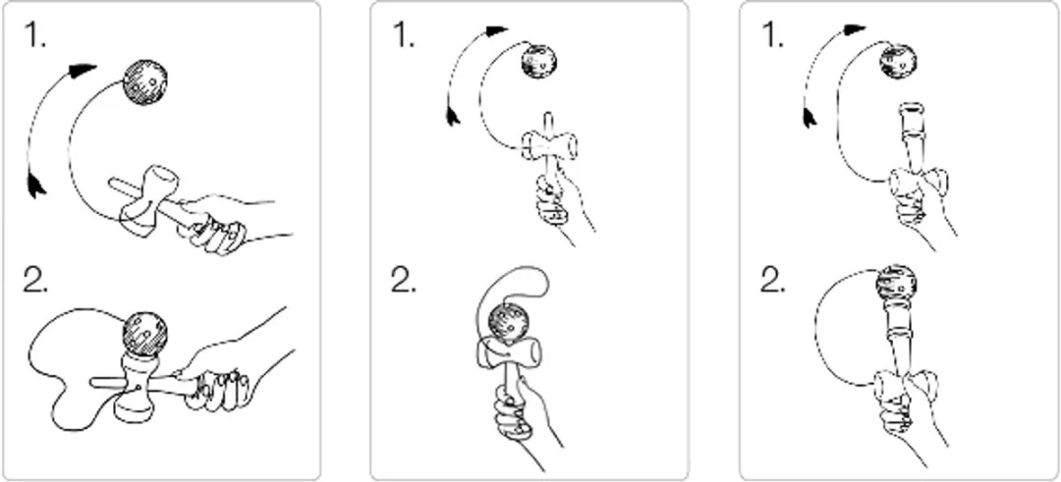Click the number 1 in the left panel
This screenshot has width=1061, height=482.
pyautogui.click(x=34, y=35)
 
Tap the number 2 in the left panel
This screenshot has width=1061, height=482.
pyautogui.click(x=35, y=279)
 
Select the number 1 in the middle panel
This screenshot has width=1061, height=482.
pyautogui.click(x=404, y=35)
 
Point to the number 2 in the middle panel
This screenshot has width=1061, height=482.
pyautogui.click(x=404, y=279)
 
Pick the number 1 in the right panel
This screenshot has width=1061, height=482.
pyautogui.click(x=772, y=35)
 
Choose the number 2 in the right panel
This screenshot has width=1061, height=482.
pyautogui.click(x=772, y=279)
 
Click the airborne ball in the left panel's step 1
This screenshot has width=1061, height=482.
pyautogui.click(x=144, y=82)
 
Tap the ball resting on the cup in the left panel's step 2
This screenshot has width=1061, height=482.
pyautogui.click(x=144, y=333)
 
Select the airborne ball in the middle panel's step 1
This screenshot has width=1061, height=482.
pyautogui.click(x=539, y=62)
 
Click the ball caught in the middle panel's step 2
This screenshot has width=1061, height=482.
pyautogui.click(x=507, y=322)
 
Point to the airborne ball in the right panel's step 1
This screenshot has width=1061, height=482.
pyautogui.click(x=898, y=61)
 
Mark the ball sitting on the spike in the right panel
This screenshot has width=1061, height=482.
pyautogui.click(x=897, y=284)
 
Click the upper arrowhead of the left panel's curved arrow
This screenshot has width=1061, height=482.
pyautogui.click(x=84, y=69)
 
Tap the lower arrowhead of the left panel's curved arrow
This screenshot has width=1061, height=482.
pyautogui.click(x=36, y=185)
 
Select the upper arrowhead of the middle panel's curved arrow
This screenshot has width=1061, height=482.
pyautogui.click(x=497, y=30)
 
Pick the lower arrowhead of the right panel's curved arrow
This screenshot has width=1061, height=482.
pyautogui.click(x=810, y=116)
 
